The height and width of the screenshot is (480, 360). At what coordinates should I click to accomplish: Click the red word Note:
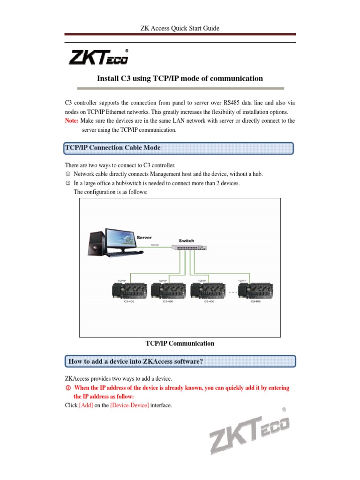tap(73, 120)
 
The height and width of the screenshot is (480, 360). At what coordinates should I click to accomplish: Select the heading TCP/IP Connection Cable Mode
tap(112, 148)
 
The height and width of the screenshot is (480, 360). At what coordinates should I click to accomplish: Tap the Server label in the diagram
tap(144, 238)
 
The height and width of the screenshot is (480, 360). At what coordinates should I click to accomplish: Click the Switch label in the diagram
tap(186, 240)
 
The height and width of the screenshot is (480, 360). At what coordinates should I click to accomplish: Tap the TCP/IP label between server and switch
tap(154, 245)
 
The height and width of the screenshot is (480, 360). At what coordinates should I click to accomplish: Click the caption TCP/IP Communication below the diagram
tap(180, 344)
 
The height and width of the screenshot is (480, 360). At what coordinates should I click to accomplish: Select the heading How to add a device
tap(136, 361)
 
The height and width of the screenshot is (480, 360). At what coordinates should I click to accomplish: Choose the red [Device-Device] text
tap(129, 405)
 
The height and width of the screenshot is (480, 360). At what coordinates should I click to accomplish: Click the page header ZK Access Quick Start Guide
tap(180, 29)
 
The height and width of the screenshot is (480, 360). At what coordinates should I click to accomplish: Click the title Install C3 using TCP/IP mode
tap(180, 78)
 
